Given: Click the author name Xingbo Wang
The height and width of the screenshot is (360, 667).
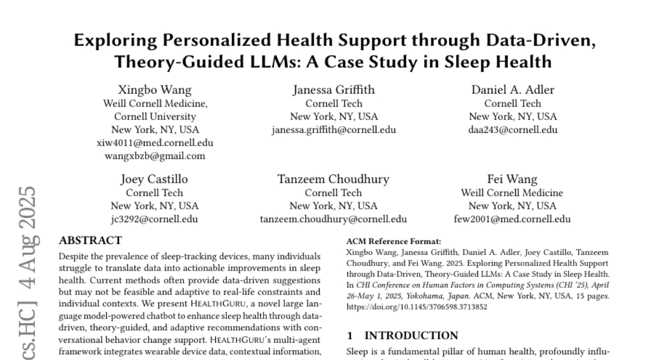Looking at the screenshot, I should (155, 90).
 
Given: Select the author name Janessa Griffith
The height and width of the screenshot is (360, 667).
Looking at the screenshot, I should (333, 90).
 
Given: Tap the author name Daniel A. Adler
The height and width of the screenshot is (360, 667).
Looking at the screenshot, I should (512, 90).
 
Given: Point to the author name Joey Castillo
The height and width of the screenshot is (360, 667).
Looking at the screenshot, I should (155, 179).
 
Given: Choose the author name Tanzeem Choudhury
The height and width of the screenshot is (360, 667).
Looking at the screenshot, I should (333, 179).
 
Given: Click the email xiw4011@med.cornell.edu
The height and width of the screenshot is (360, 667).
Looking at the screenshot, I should (155, 143).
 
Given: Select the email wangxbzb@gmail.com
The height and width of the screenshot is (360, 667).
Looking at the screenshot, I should (155, 156).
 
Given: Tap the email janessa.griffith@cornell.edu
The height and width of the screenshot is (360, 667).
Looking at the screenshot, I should (333, 129).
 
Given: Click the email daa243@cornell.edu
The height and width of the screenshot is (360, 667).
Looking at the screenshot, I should (512, 129).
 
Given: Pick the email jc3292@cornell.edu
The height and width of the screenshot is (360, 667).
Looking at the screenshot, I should (155, 219).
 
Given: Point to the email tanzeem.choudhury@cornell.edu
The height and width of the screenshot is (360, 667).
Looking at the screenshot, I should (333, 219).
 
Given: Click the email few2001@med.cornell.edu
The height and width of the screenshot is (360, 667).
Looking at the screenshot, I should (512, 219).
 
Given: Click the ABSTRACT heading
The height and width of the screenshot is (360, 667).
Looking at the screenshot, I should (89, 241).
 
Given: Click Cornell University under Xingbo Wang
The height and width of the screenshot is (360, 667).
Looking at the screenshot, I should (155, 117).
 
